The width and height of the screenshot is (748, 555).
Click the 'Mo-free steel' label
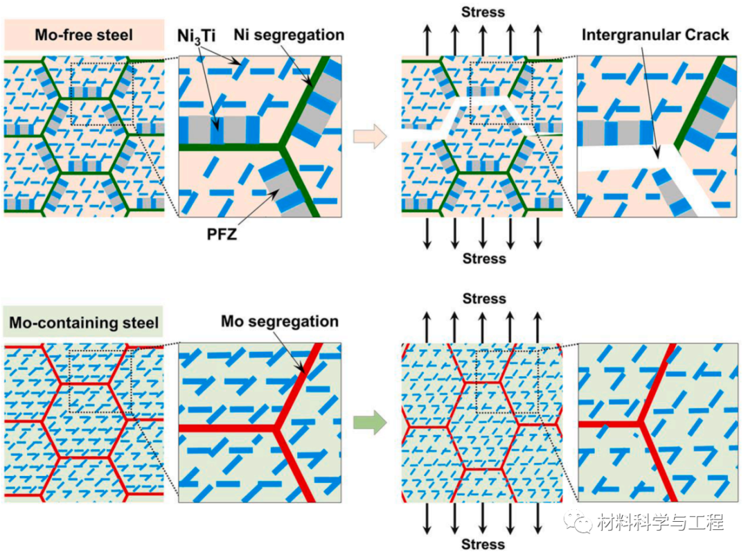tap(84, 34)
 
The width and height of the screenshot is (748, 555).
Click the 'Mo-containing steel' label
tap(84, 322)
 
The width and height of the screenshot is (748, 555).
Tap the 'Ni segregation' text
tap(289, 34)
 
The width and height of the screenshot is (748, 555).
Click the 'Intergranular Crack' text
tap(655, 34)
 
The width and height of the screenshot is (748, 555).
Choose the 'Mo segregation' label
tap(280, 321)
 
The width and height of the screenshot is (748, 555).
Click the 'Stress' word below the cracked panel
tap(484, 258)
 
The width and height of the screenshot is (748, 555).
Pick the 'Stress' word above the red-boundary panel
tap(484, 299)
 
